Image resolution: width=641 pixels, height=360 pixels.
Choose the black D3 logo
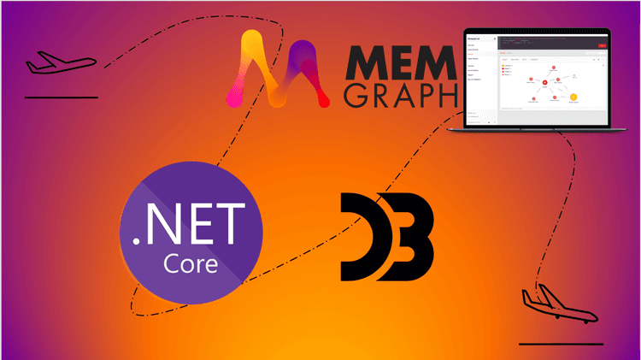click(385, 237)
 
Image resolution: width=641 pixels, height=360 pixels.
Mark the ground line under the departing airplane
click(61, 97)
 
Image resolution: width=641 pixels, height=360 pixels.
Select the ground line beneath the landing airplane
click(561, 344)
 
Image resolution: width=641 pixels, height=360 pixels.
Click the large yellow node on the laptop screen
click(573, 97)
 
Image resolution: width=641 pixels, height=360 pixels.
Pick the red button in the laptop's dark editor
click(603, 45)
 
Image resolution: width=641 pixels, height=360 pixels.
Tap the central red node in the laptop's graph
click(544, 83)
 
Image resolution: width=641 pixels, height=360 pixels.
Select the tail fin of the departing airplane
click(32, 59)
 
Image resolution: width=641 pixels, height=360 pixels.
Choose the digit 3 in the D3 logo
click(410, 237)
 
